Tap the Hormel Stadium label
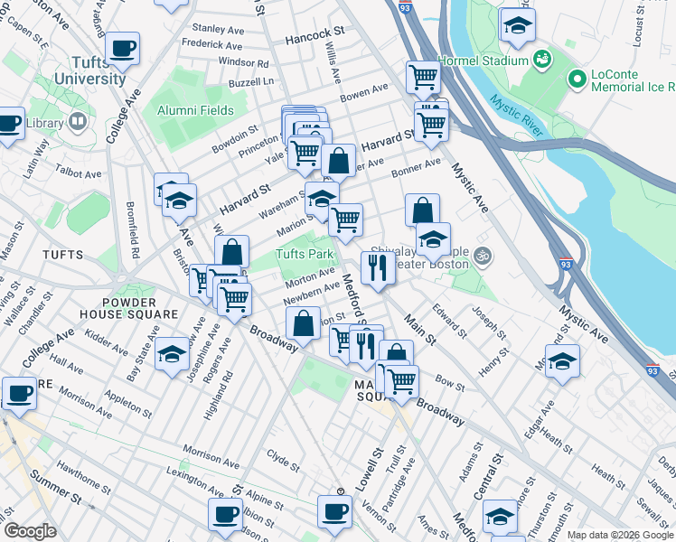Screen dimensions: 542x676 (x=483, y=61)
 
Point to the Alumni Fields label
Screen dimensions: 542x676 (x=195, y=111)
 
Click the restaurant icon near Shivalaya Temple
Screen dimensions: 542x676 (x=377, y=266)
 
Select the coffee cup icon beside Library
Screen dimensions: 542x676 (x=9, y=122)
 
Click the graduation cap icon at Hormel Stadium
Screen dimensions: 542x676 (x=517, y=24)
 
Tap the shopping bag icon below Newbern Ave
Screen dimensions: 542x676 (x=304, y=322)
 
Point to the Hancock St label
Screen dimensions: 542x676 (x=310, y=40)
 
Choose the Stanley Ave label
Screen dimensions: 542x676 (x=218, y=29)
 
